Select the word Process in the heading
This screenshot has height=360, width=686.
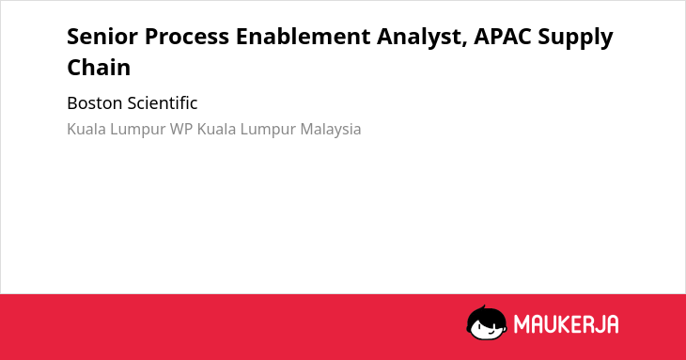(x=187, y=37)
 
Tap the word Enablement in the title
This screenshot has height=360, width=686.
(x=304, y=37)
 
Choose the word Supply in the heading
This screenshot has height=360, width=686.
(x=575, y=38)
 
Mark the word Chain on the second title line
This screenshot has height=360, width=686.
(x=99, y=68)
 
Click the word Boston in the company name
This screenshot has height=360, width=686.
(x=95, y=103)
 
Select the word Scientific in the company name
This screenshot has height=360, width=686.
(x=163, y=103)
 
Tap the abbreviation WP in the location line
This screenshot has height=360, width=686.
(x=181, y=130)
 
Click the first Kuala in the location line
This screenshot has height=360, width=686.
(x=86, y=130)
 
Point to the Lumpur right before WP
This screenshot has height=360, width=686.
(x=138, y=130)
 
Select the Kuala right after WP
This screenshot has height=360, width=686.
(x=216, y=130)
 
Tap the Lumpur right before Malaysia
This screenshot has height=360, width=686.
(x=268, y=130)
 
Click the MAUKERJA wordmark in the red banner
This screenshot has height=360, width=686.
(x=566, y=324)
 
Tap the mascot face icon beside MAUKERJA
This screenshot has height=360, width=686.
(x=487, y=322)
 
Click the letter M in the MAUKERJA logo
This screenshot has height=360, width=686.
(x=521, y=324)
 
